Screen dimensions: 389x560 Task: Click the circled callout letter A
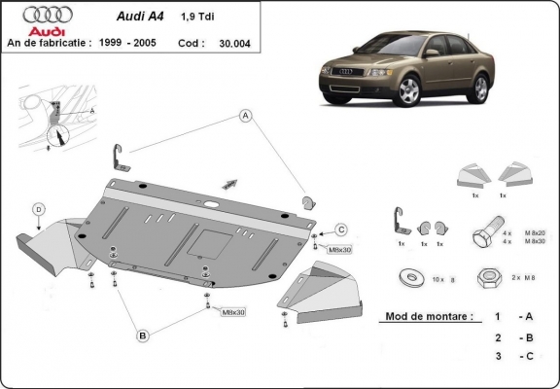pyautogui.click(x=246, y=117)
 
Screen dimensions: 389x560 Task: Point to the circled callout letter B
pyautogui.click(x=142, y=336)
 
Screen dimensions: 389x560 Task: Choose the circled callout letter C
pyautogui.click(x=341, y=230)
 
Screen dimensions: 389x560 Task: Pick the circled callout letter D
pyautogui.click(x=38, y=208)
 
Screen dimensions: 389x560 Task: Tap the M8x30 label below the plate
pyautogui.click(x=233, y=312)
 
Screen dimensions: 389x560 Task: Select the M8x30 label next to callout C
pyautogui.click(x=338, y=250)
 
